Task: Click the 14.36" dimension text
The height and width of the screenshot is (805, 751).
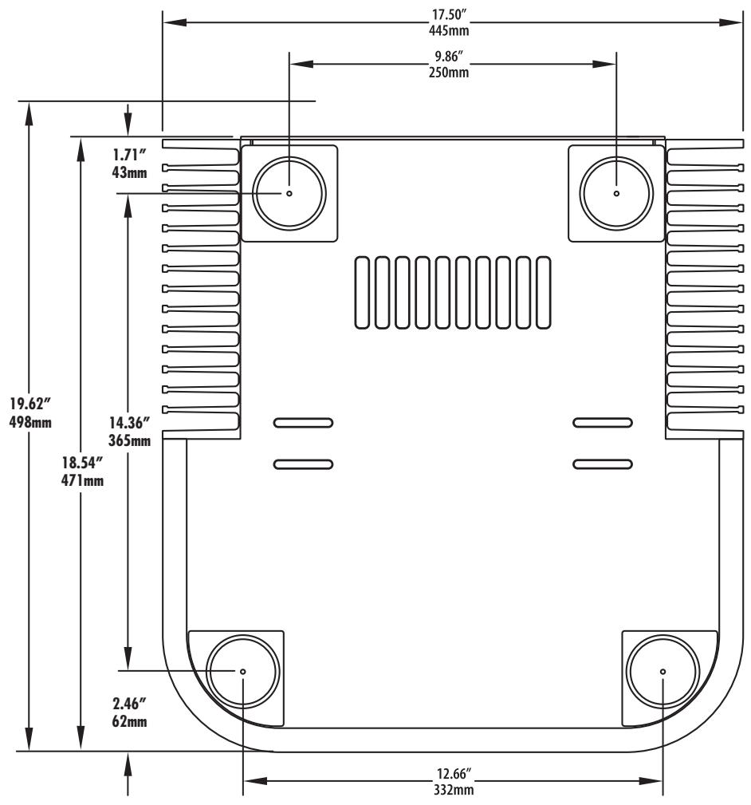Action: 130,424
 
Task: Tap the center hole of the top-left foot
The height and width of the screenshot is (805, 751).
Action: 289,193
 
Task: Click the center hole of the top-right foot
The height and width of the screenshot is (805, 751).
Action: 616,193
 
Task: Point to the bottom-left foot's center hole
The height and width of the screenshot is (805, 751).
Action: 242,671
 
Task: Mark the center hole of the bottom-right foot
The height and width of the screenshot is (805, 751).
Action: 663,671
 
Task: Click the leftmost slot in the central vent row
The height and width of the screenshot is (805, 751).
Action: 363,292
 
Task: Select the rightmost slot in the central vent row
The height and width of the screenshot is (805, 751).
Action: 543,292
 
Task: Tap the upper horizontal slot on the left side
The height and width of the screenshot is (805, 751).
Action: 303,422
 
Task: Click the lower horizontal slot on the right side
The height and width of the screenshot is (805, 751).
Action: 603,464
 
